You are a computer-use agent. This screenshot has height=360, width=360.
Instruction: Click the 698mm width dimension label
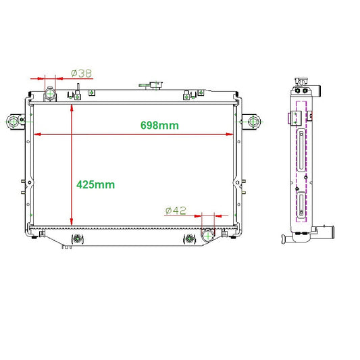(x=159, y=126)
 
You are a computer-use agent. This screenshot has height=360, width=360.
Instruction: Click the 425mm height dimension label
(x=95, y=184)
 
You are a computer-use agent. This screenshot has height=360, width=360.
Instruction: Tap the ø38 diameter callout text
(x=82, y=74)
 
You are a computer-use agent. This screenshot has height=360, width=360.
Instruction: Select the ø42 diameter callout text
(x=176, y=210)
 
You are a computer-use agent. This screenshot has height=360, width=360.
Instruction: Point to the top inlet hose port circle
(x=50, y=93)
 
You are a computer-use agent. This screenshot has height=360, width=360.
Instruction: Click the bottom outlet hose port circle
(x=208, y=236)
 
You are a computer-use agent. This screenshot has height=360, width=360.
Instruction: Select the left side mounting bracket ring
(x=14, y=122)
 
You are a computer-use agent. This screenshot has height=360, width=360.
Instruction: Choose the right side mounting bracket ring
(x=253, y=122)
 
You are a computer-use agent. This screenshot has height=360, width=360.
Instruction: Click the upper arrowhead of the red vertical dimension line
(x=72, y=107)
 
